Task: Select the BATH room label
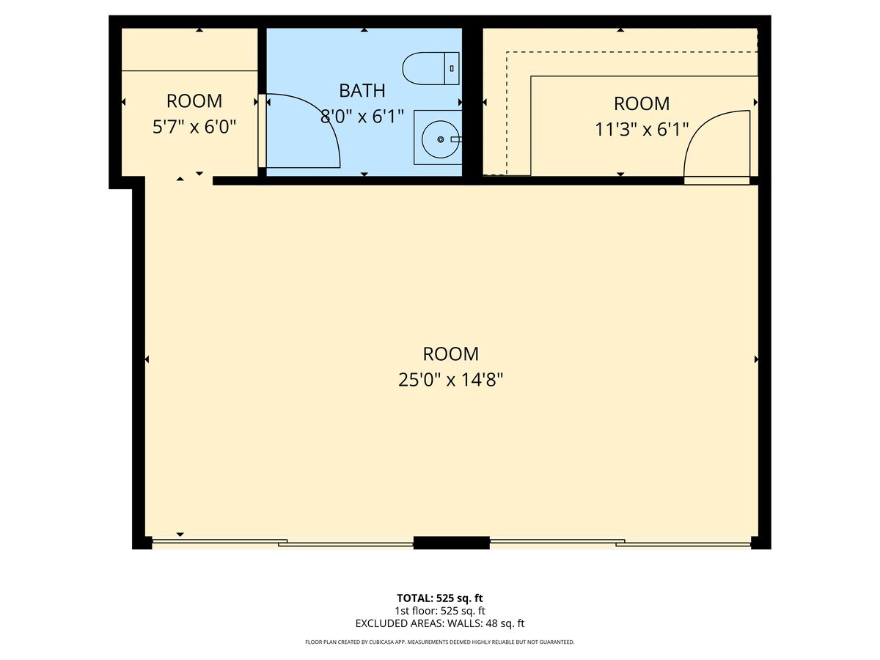(x=362, y=91)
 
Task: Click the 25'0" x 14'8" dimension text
(x=450, y=380)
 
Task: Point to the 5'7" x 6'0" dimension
(x=194, y=127)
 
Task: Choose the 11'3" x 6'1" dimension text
(x=642, y=130)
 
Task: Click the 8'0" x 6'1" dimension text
(x=362, y=116)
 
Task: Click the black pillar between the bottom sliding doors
(x=451, y=543)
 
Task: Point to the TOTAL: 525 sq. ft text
(x=439, y=598)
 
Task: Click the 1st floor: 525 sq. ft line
(x=439, y=610)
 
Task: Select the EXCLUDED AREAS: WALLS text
(x=439, y=623)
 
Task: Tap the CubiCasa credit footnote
(x=439, y=642)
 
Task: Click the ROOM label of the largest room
(x=450, y=354)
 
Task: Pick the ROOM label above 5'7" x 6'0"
(x=194, y=101)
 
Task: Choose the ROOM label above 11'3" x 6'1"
(x=642, y=103)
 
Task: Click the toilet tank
(x=452, y=68)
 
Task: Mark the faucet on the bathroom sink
(x=455, y=138)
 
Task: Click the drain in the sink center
(x=440, y=139)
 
